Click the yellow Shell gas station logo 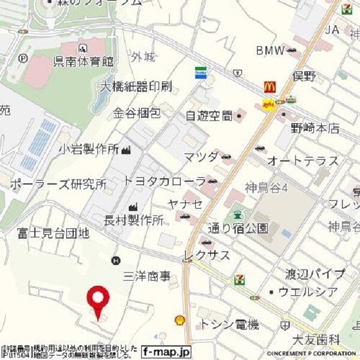tap(179, 321)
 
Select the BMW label tap(270, 50)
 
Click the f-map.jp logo tap(167, 352)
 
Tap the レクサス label tap(207, 256)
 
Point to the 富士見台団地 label tap(53, 232)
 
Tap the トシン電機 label tap(230, 325)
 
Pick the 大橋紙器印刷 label tap(136, 86)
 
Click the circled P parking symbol tap(23, 58)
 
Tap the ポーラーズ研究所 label tap(58, 184)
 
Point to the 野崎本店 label tap(312, 128)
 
